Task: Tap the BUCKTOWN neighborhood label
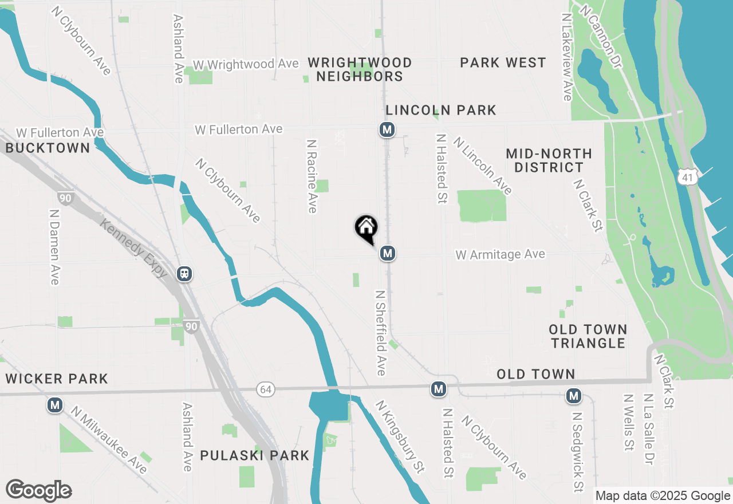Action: [48, 148]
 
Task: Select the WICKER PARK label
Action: [56, 379]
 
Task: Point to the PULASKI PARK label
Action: [255, 456]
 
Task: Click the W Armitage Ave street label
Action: [501, 254]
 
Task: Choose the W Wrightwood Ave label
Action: [246, 64]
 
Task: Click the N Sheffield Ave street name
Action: [381, 332]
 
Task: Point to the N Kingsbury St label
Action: [400, 436]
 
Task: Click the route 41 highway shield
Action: [686, 178]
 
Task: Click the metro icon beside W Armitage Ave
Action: [388, 253]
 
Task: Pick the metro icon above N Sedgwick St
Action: [574, 396]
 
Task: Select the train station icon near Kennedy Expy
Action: [184, 274]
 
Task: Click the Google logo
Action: [38, 490]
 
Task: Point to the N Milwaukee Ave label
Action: [109, 440]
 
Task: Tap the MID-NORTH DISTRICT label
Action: [549, 160]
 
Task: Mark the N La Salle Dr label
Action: [649, 430]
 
